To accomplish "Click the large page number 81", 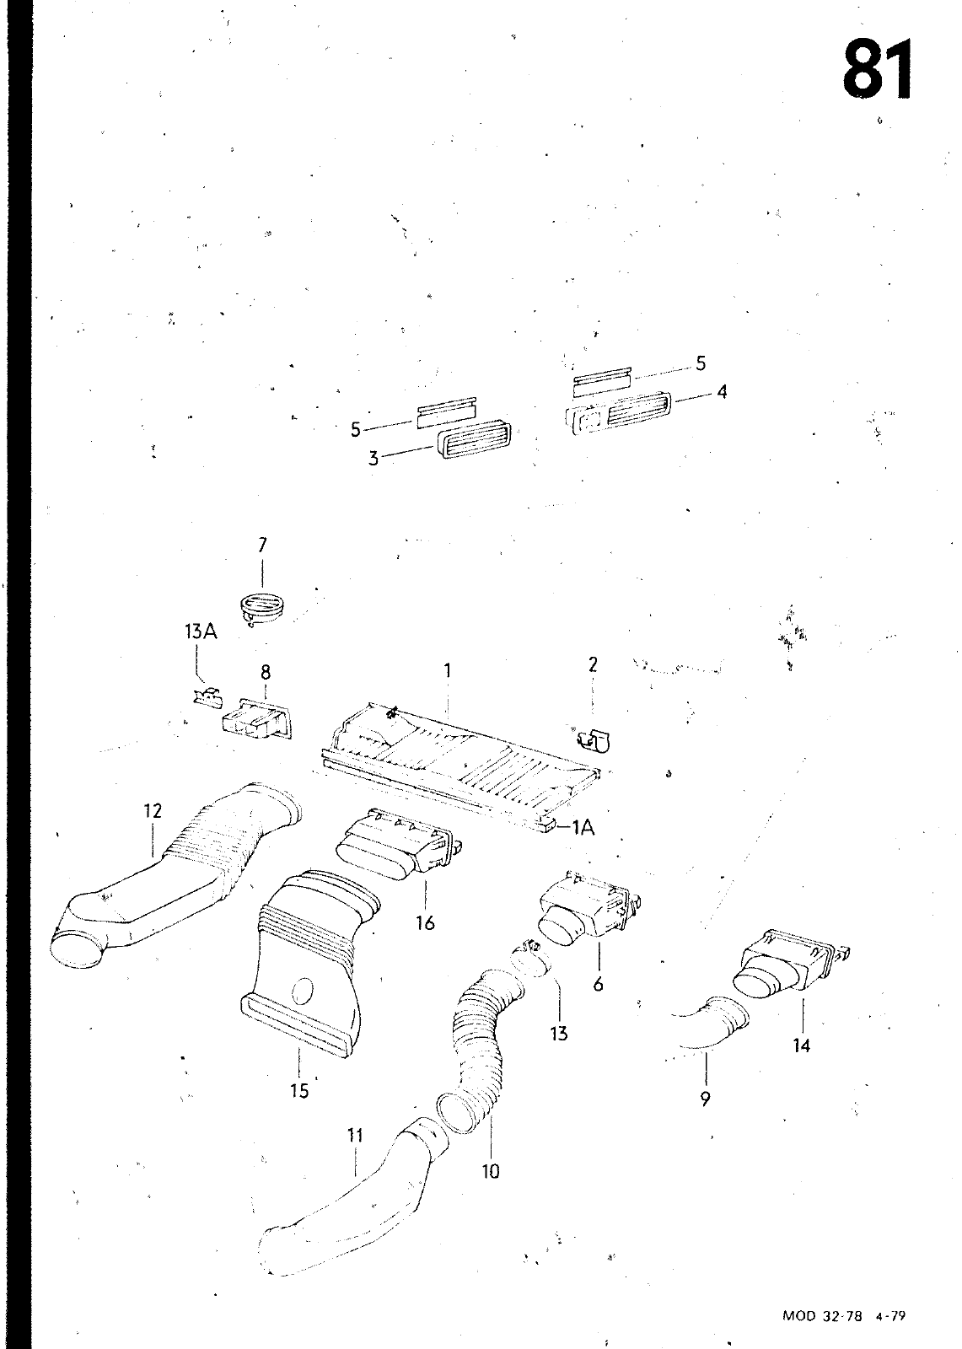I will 877,69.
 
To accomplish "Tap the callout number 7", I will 261,546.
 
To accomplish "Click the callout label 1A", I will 583,828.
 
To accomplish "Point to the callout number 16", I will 425,923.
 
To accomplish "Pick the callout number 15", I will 299,1090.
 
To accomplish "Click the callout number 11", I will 355,1136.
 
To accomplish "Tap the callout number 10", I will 490,1170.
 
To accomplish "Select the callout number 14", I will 801,1045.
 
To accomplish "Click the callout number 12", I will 153,811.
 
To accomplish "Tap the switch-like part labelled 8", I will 257,719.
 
